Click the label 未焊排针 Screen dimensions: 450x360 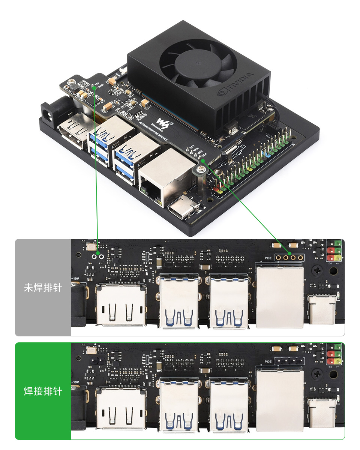pos(43,288)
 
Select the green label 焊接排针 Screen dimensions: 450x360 pos(43,391)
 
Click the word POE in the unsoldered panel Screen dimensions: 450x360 pos(268,258)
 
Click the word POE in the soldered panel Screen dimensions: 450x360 pos(268,362)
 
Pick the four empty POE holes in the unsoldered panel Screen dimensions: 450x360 pos(289,258)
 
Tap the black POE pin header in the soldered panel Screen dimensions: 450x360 pos(289,361)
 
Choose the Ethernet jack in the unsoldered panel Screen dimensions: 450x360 pos(279,296)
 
